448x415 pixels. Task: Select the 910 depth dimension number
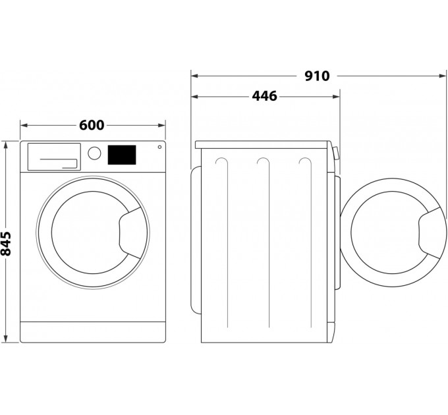(x=316, y=76)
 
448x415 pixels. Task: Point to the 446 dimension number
(x=264, y=96)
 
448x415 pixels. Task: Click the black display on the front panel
(x=121, y=155)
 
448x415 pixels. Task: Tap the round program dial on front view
(x=95, y=153)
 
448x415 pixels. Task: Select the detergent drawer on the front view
(x=53, y=156)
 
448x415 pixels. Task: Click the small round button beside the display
(x=159, y=147)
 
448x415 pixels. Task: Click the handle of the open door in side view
(x=431, y=231)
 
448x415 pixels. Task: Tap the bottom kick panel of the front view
(x=92, y=331)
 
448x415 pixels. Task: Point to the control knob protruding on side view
(x=335, y=154)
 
